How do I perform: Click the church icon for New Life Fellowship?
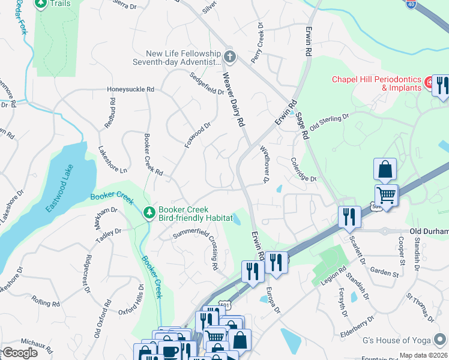click(x=229, y=57)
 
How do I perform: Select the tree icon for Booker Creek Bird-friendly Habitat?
click(x=149, y=212)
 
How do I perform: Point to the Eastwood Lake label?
click(x=61, y=188)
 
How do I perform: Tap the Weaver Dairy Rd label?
click(x=234, y=99)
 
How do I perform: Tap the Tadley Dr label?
click(x=109, y=235)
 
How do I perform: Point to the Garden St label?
click(x=384, y=273)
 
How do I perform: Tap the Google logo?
click(x=19, y=353)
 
